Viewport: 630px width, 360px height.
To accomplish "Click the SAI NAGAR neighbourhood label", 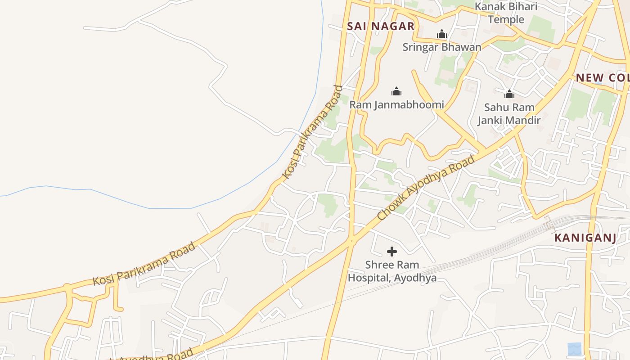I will coord(381,26).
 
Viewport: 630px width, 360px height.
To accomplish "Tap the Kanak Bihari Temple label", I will coord(506,13).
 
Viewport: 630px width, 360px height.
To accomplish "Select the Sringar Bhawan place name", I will coord(441,47).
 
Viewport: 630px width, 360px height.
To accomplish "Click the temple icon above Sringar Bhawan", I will coord(442,34).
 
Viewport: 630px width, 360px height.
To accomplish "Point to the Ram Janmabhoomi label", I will coord(396,105).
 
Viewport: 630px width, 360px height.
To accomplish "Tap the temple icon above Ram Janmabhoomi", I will coord(396,92).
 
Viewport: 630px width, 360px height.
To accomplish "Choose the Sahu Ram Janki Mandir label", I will coord(509,113).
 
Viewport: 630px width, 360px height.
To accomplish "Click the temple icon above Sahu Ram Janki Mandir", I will coord(509,94).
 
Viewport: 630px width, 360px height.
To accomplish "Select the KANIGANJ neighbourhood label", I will coord(585,238).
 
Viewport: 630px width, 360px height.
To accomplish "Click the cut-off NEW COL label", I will coord(603,77).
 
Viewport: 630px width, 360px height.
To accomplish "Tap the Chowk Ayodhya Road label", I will coord(426,188).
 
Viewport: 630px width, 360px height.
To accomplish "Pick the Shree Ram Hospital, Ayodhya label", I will coord(392,271).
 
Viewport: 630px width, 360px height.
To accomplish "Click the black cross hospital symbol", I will coord(392,252).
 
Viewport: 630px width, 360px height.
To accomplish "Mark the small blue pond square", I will coord(574,349).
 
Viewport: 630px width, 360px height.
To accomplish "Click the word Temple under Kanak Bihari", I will coord(506,19).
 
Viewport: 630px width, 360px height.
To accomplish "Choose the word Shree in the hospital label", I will coord(380,265).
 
